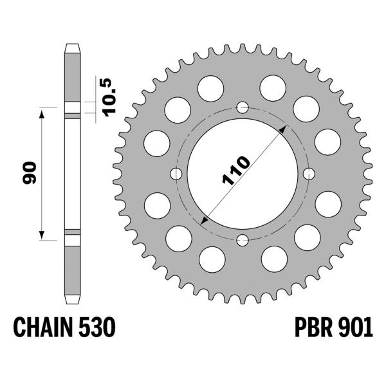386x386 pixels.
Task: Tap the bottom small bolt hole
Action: [243, 241]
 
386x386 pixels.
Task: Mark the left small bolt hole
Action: [176, 174]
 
